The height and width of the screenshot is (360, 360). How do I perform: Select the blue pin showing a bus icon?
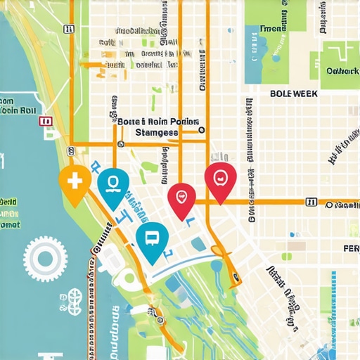(152, 238)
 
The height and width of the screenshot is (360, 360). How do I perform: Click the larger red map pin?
(220, 178)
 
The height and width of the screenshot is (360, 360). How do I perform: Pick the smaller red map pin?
(182, 196)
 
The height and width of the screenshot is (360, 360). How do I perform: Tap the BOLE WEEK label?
(293, 94)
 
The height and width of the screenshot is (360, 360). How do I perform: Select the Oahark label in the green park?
(342, 71)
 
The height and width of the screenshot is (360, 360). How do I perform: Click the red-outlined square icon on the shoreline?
(47, 122)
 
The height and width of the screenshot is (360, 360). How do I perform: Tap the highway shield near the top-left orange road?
(68, 29)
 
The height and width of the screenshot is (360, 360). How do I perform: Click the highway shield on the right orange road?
(310, 202)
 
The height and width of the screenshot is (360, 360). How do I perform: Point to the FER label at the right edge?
(351, 249)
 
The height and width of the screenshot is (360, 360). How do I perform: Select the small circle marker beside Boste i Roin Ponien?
(201, 129)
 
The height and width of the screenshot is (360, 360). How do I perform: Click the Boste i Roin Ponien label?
(159, 121)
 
